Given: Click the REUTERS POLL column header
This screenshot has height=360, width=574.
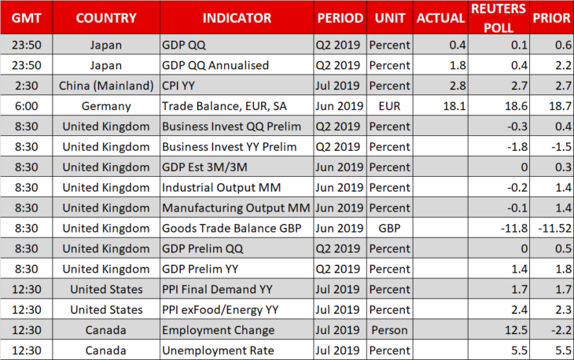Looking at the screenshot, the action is (499, 18).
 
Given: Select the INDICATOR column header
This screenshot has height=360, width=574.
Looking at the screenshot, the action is (237, 18).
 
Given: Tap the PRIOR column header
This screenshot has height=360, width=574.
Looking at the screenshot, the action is (551, 18).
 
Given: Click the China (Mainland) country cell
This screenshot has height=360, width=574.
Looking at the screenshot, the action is (106, 86).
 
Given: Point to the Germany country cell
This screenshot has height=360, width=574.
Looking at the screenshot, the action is (106, 106).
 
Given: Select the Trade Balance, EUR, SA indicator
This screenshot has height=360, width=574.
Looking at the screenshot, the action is (224, 106).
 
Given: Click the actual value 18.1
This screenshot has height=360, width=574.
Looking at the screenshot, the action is (454, 106).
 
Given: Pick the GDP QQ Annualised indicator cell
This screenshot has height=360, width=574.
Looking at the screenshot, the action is (215, 65).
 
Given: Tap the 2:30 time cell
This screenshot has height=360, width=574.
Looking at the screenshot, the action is (27, 86).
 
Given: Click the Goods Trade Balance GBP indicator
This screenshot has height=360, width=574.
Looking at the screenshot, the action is (232, 228).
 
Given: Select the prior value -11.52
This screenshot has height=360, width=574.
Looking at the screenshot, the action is (554, 228).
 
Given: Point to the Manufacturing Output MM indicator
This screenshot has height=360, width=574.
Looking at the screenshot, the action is (236, 208).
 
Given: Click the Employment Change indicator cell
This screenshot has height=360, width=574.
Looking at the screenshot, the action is (218, 330).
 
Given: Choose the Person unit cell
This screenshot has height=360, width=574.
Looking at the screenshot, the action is (389, 330).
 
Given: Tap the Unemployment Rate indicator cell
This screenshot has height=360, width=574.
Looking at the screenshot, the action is (218, 351).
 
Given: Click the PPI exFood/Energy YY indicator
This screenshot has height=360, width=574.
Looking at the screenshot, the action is (220, 310).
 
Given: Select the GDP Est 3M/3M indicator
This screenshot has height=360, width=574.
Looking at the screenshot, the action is (204, 167).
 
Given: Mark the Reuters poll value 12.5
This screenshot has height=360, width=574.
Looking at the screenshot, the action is (516, 330).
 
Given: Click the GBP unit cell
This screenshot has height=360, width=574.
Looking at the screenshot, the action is (389, 228).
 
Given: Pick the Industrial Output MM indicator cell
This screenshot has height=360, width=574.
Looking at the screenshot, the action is (222, 188).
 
